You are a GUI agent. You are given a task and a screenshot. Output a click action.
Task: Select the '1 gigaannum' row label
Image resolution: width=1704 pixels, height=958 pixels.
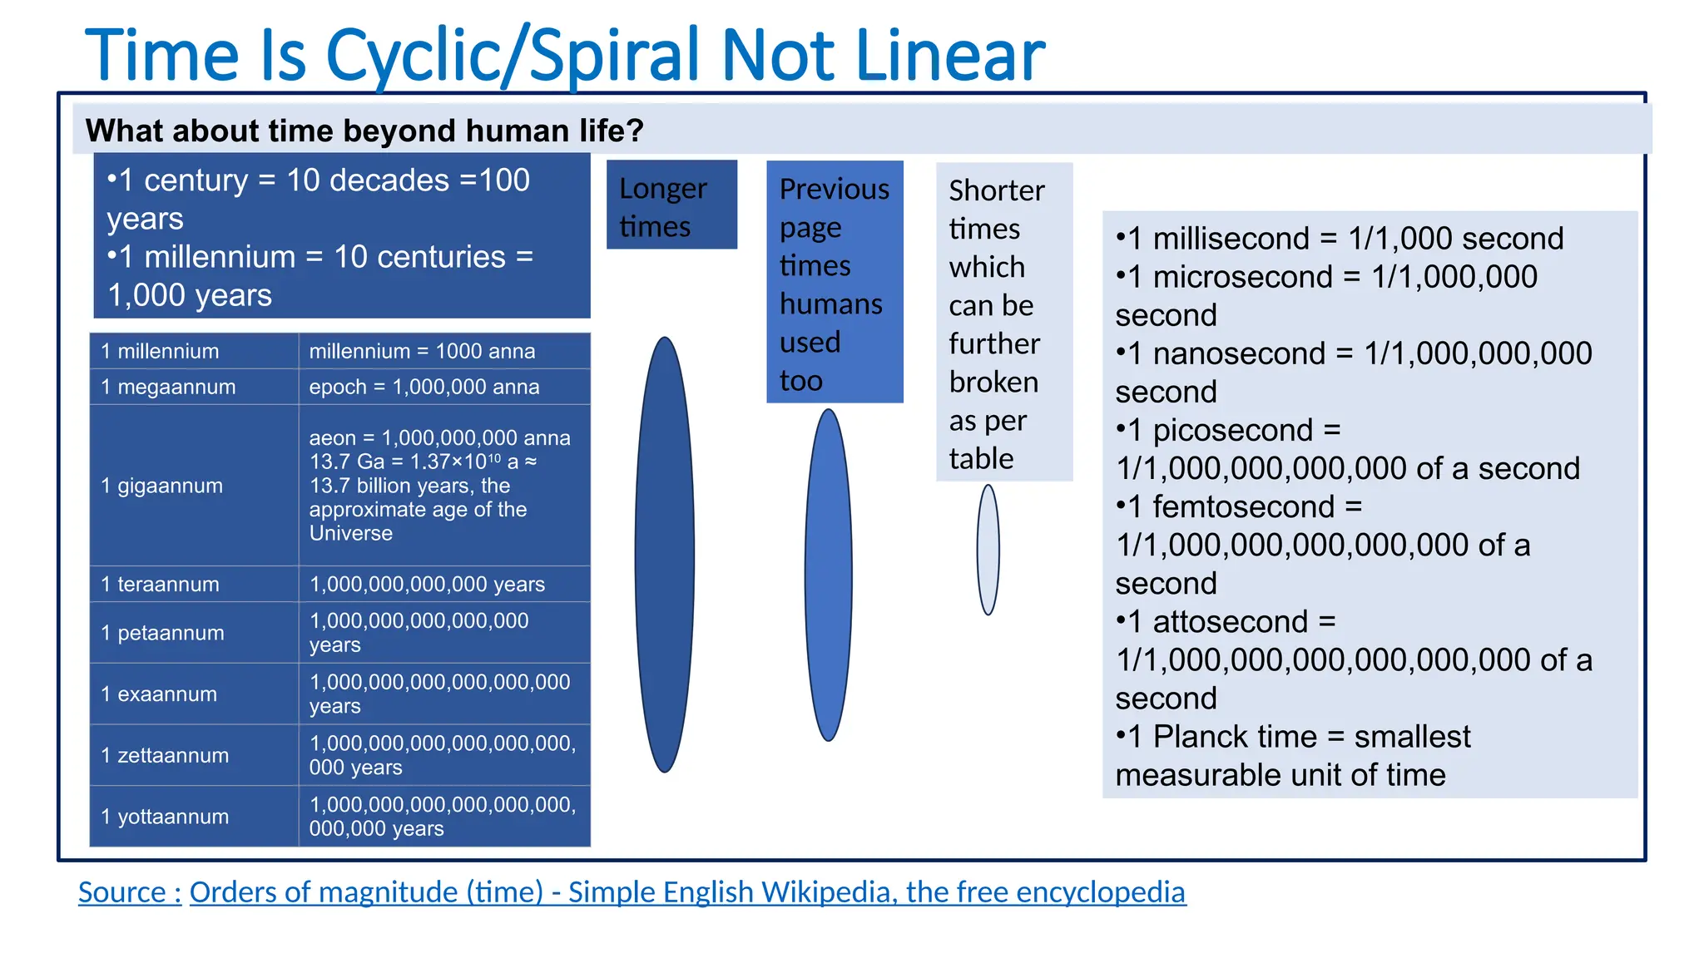(x=162, y=486)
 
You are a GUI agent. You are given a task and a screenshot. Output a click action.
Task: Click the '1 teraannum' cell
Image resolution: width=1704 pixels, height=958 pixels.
(x=161, y=585)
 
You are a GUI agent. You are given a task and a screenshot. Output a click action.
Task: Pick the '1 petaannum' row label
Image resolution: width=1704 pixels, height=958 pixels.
(x=163, y=633)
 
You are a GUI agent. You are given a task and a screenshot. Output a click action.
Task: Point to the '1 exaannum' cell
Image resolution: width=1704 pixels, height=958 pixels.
(x=159, y=694)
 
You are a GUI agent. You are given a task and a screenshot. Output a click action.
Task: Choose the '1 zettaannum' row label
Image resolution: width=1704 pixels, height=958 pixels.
(x=165, y=755)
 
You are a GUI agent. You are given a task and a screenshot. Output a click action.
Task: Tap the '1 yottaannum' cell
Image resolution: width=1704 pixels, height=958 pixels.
(x=165, y=817)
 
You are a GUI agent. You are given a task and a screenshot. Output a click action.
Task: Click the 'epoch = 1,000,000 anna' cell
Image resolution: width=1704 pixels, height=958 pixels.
(x=424, y=387)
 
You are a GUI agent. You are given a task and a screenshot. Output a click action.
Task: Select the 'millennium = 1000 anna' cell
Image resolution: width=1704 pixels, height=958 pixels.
(x=423, y=351)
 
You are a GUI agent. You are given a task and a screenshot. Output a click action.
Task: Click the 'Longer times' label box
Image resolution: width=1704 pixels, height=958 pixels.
(x=671, y=205)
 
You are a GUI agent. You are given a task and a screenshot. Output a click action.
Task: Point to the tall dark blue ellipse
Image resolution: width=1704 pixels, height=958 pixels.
(x=665, y=555)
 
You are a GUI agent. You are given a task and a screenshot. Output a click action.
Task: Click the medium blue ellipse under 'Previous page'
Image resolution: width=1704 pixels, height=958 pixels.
(x=829, y=575)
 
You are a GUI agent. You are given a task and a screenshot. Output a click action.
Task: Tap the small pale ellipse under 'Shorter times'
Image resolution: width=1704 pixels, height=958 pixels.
(x=988, y=550)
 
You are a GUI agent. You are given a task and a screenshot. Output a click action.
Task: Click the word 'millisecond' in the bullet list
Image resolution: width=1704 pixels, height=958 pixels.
(x=1231, y=239)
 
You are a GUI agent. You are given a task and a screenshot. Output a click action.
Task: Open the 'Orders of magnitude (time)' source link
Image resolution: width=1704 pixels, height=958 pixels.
(x=687, y=892)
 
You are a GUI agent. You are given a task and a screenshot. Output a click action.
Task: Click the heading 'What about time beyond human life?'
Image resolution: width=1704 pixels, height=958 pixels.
(x=364, y=131)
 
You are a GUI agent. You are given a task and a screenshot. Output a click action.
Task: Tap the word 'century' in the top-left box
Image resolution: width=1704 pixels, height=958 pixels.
(x=196, y=180)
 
